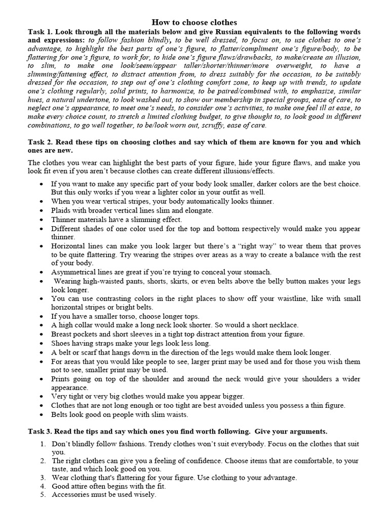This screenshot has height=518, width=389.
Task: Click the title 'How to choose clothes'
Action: [194, 23]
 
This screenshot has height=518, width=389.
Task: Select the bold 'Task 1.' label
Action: [42, 31]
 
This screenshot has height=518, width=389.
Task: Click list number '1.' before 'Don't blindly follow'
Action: [43, 444]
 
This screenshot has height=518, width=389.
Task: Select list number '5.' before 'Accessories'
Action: [43, 495]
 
